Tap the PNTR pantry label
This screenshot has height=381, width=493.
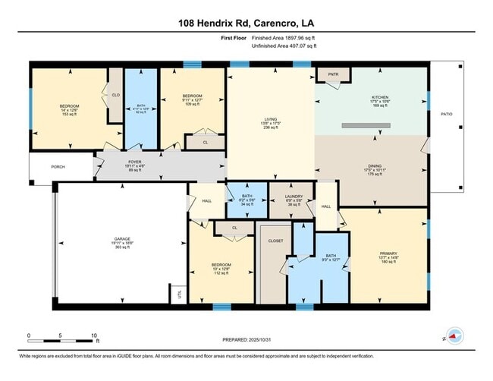[332, 74]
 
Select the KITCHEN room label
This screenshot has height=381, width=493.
[378, 97]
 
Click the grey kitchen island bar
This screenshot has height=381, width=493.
[366, 125]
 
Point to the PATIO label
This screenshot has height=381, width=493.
[447, 114]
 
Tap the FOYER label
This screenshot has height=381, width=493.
[134, 161]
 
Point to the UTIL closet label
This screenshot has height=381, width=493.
[180, 293]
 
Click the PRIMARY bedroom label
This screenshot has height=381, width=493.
[388, 253]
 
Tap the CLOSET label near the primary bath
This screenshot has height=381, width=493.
[275, 240]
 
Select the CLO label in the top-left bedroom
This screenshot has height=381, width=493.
[115, 95]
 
